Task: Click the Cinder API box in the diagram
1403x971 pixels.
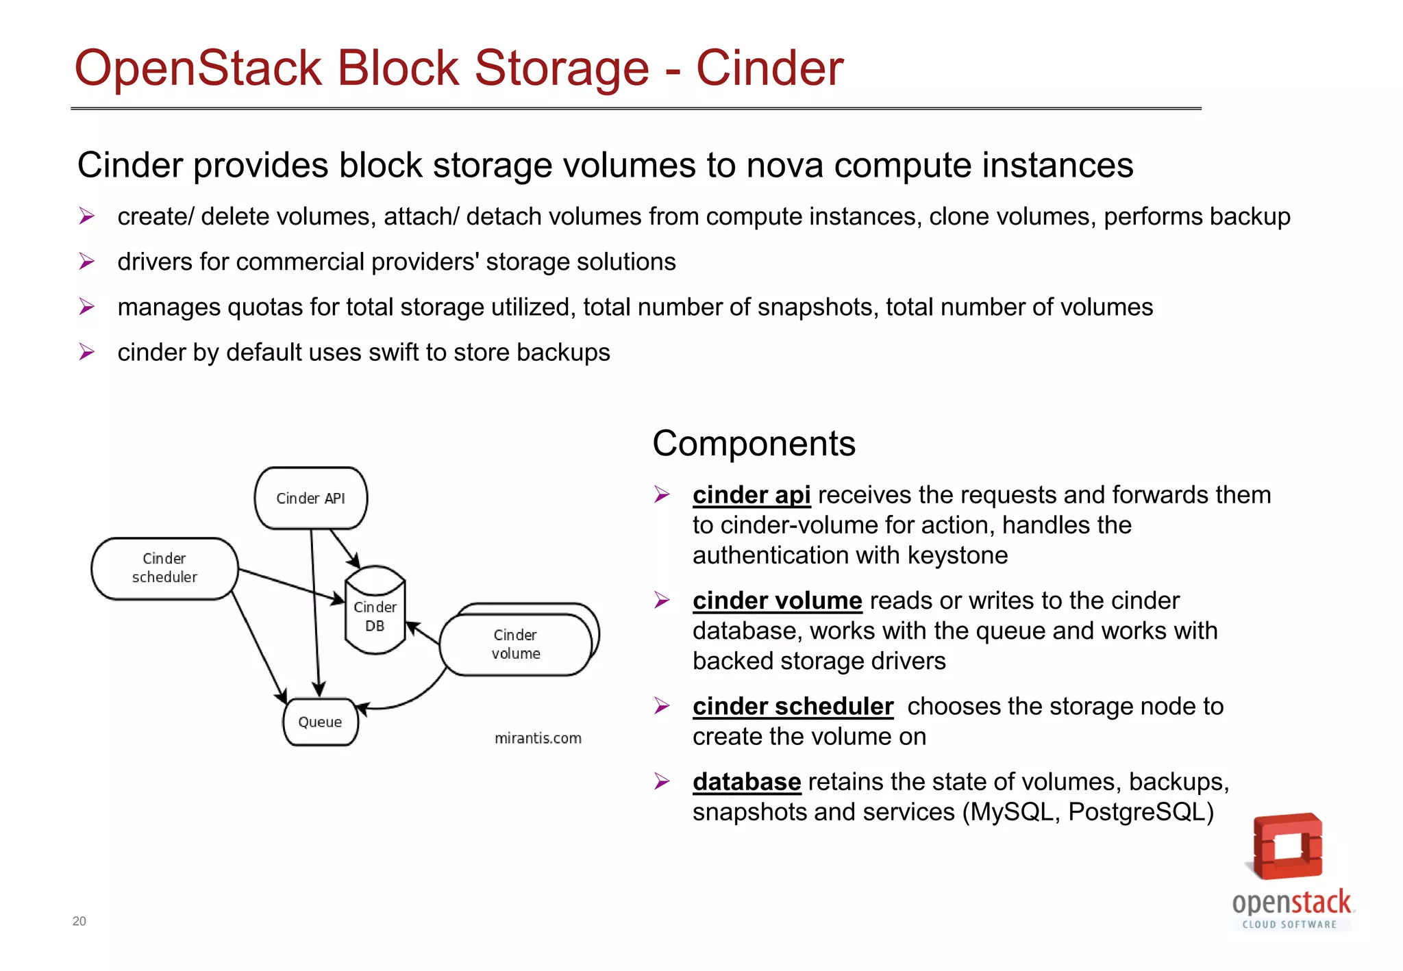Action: pyautogui.click(x=310, y=498)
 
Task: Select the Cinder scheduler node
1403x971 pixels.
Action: pyautogui.click(x=164, y=568)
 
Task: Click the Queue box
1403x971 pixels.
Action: pyautogui.click(x=320, y=722)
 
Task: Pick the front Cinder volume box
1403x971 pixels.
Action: pyautogui.click(x=515, y=644)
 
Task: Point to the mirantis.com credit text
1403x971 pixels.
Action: pyautogui.click(x=538, y=738)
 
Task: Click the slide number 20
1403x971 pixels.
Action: pyautogui.click(x=79, y=921)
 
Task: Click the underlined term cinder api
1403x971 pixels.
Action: pyautogui.click(x=752, y=494)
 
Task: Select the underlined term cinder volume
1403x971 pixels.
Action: pyautogui.click(x=777, y=601)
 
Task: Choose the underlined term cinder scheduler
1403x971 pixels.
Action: pyautogui.click(x=793, y=706)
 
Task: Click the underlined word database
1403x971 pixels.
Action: pyautogui.click(x=747, y=781)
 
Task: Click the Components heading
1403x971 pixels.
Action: pyautogui.click(x=754, y=443)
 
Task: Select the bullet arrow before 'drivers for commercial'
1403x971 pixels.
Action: pyautogui.click(x=86, y=262)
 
